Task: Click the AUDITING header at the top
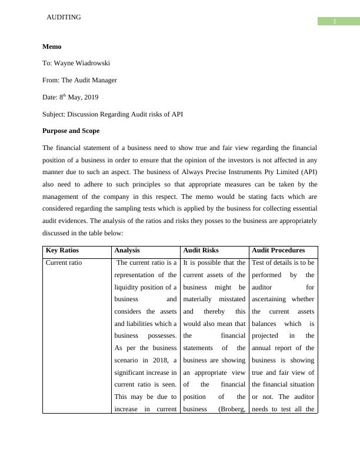[x=64, y=18]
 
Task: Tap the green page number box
[x=334, y=22]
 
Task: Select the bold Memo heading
[x=52, y=46]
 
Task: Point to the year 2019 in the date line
[x=90, y=97]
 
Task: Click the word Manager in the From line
[x=102, y=80]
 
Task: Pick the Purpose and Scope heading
[x=71, y=131]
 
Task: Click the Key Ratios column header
[x=64, y=250]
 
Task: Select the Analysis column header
[x=128, y=250]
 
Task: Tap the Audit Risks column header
[x=201, y=250]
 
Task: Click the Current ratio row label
[x=64, y=263]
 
